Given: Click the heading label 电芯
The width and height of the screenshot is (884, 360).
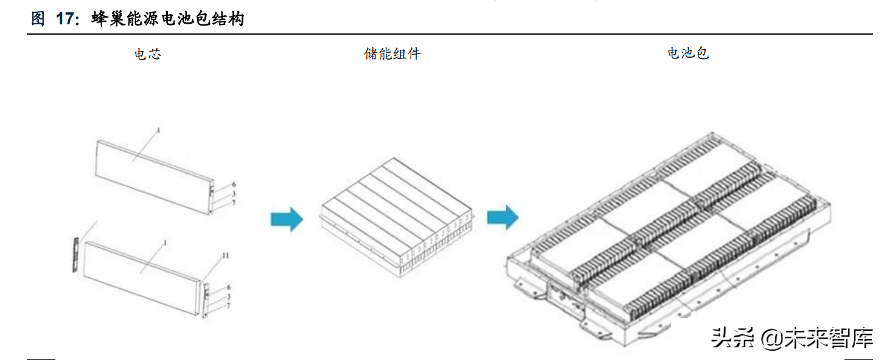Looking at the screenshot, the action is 148,54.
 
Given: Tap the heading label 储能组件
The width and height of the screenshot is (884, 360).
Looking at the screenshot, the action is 392,54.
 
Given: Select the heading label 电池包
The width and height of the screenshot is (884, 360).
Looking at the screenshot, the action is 688,53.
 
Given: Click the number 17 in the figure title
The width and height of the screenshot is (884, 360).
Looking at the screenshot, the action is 65,18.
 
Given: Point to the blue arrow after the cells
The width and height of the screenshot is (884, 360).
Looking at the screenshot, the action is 287,220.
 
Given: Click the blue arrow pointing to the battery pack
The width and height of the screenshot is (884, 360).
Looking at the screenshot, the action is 503,217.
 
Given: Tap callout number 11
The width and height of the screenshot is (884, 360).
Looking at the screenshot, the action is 225,255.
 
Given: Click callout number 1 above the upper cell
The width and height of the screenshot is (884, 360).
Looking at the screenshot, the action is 159,130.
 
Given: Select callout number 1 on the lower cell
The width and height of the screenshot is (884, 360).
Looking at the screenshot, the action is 165,243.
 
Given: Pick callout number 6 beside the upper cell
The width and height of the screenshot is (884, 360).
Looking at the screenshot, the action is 234,184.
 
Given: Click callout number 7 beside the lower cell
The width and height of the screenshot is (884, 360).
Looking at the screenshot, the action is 228,306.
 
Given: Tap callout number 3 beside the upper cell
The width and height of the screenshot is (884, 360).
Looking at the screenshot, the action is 234,193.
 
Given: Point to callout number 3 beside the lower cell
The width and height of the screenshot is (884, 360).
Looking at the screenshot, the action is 228,297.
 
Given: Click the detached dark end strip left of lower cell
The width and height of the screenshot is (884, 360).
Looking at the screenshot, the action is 76,255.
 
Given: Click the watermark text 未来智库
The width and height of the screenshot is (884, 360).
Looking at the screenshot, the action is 829,338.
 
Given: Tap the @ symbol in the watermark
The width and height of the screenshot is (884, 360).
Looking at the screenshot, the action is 771,339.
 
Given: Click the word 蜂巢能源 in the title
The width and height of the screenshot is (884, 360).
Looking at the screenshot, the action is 125,18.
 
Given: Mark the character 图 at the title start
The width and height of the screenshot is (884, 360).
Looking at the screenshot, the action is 38,18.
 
